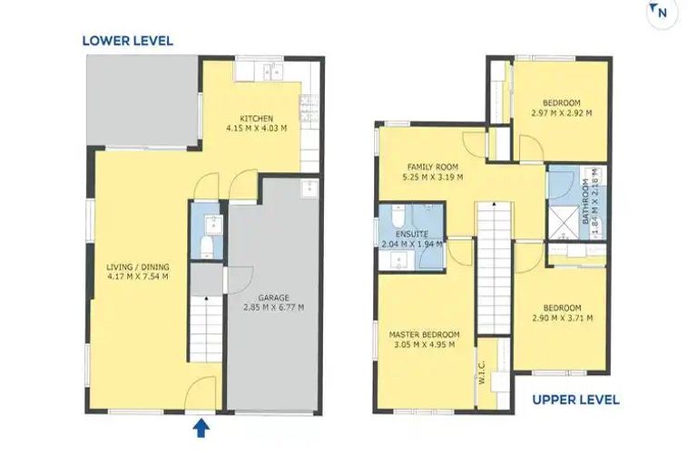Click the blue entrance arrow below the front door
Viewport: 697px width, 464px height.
201,429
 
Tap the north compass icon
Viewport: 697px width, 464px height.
662,13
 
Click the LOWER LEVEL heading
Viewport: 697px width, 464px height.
128,41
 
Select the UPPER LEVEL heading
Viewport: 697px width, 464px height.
575,400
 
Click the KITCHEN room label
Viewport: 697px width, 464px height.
257,119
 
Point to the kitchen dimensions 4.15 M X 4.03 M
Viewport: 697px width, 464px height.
257,129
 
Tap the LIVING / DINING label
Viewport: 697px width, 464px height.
138,266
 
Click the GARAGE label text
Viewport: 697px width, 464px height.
273,297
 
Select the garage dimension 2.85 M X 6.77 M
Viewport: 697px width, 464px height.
273,307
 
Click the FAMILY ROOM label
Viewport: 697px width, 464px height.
433,167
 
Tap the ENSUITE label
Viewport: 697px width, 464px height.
412,234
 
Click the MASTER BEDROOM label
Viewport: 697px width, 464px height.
424,334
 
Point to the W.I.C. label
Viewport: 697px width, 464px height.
483,372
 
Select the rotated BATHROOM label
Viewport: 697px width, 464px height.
585,201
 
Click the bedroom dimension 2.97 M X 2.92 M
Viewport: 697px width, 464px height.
562,112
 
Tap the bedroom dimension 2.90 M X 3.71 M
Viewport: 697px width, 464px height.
562,318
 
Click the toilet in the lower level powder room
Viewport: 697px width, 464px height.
206,246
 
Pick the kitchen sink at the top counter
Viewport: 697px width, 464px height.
273,71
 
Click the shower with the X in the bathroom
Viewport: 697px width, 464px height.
563,221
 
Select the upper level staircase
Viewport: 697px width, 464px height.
495,267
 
